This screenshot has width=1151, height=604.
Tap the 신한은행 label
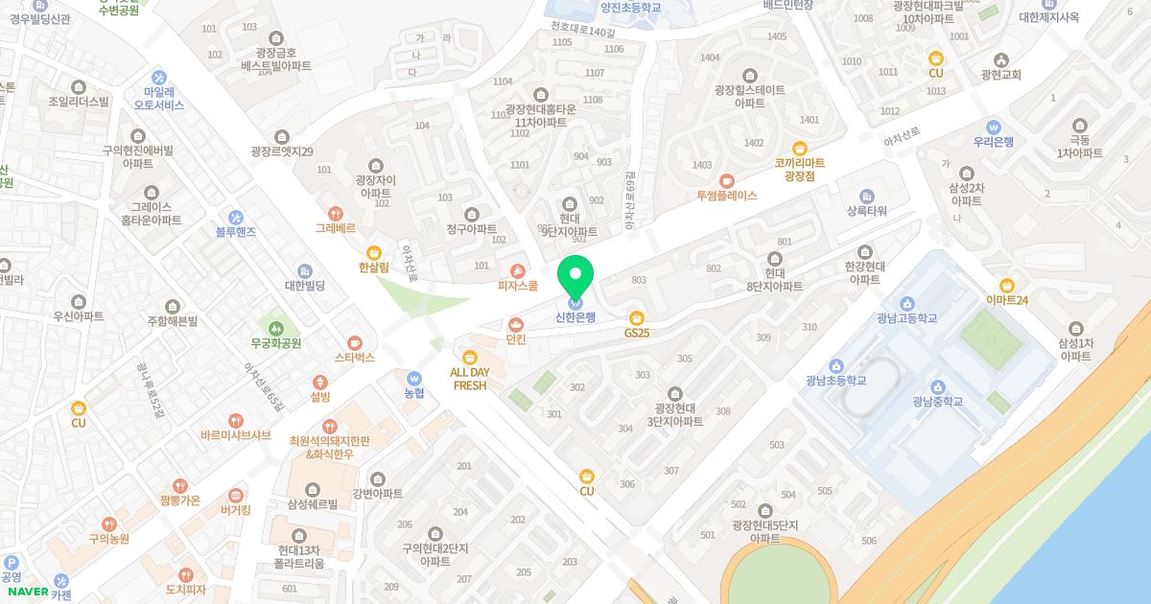pos(575,317)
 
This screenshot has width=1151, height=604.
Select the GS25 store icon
pos(637,317)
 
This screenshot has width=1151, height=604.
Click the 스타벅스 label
pos(355,358)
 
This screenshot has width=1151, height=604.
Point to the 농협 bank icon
pos(414,378)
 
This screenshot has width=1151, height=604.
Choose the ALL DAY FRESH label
pos(470,378)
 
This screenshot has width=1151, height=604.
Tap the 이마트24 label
pos(1006,300)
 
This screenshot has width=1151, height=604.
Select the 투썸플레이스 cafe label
pos(726,195)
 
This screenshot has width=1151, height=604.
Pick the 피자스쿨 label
pos(518,286)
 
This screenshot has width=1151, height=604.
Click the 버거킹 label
pos(235,510)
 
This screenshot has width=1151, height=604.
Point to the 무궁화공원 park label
pos(276,342)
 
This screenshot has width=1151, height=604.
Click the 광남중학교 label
pos(938,401)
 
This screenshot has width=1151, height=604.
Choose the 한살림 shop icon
pos(373,252)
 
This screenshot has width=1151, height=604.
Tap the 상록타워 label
pos(867,210)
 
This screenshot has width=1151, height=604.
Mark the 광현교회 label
pos(1001,75)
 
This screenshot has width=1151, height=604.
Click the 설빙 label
pos(319,396)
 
